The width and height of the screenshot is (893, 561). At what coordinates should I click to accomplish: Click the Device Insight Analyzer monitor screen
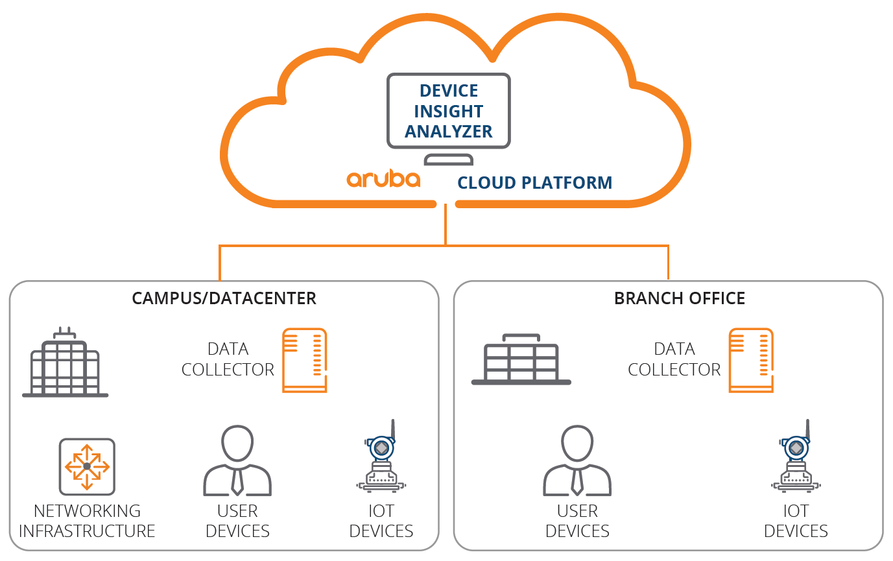(x=449, y=111)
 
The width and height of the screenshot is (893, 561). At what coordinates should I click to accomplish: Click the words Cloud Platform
(x=534, y=183)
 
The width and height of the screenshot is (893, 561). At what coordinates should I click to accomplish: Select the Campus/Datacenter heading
(x=224, y=298)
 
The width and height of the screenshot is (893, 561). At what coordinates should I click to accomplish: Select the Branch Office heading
(x=680, y=298)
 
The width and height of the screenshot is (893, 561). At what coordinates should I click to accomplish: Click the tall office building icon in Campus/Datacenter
(x=65, y=362)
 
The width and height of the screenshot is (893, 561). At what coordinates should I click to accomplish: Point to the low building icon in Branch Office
(x=521, y=359)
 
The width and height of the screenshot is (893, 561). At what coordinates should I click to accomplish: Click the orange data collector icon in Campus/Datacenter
(x=305, y=361)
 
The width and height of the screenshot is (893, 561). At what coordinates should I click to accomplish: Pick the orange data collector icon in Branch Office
(x=751, y=361)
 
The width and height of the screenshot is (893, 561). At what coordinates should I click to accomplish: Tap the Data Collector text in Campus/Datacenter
(x=228, y=359)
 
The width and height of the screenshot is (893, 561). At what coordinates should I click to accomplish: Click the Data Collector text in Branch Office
(x=674, y=359)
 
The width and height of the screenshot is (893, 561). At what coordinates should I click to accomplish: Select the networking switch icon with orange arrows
(x=87, y=466)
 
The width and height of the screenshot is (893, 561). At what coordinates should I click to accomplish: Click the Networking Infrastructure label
(x=87, y=521)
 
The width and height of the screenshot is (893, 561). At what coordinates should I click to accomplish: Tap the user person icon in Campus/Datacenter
(x=237, y=461)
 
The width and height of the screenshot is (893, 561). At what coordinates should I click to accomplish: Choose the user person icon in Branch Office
(x=577, y=461)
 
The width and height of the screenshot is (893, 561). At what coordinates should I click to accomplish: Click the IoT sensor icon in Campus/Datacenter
(x=381, y=456)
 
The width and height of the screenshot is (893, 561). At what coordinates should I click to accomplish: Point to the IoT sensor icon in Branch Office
(x=796, y=456)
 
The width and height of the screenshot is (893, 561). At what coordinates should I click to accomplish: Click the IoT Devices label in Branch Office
(x=796, y=521)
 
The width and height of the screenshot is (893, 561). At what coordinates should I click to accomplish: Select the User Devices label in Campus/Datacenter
(x=237, y=521)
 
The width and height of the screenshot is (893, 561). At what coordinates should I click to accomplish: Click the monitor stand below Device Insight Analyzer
(x=449, y=160)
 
